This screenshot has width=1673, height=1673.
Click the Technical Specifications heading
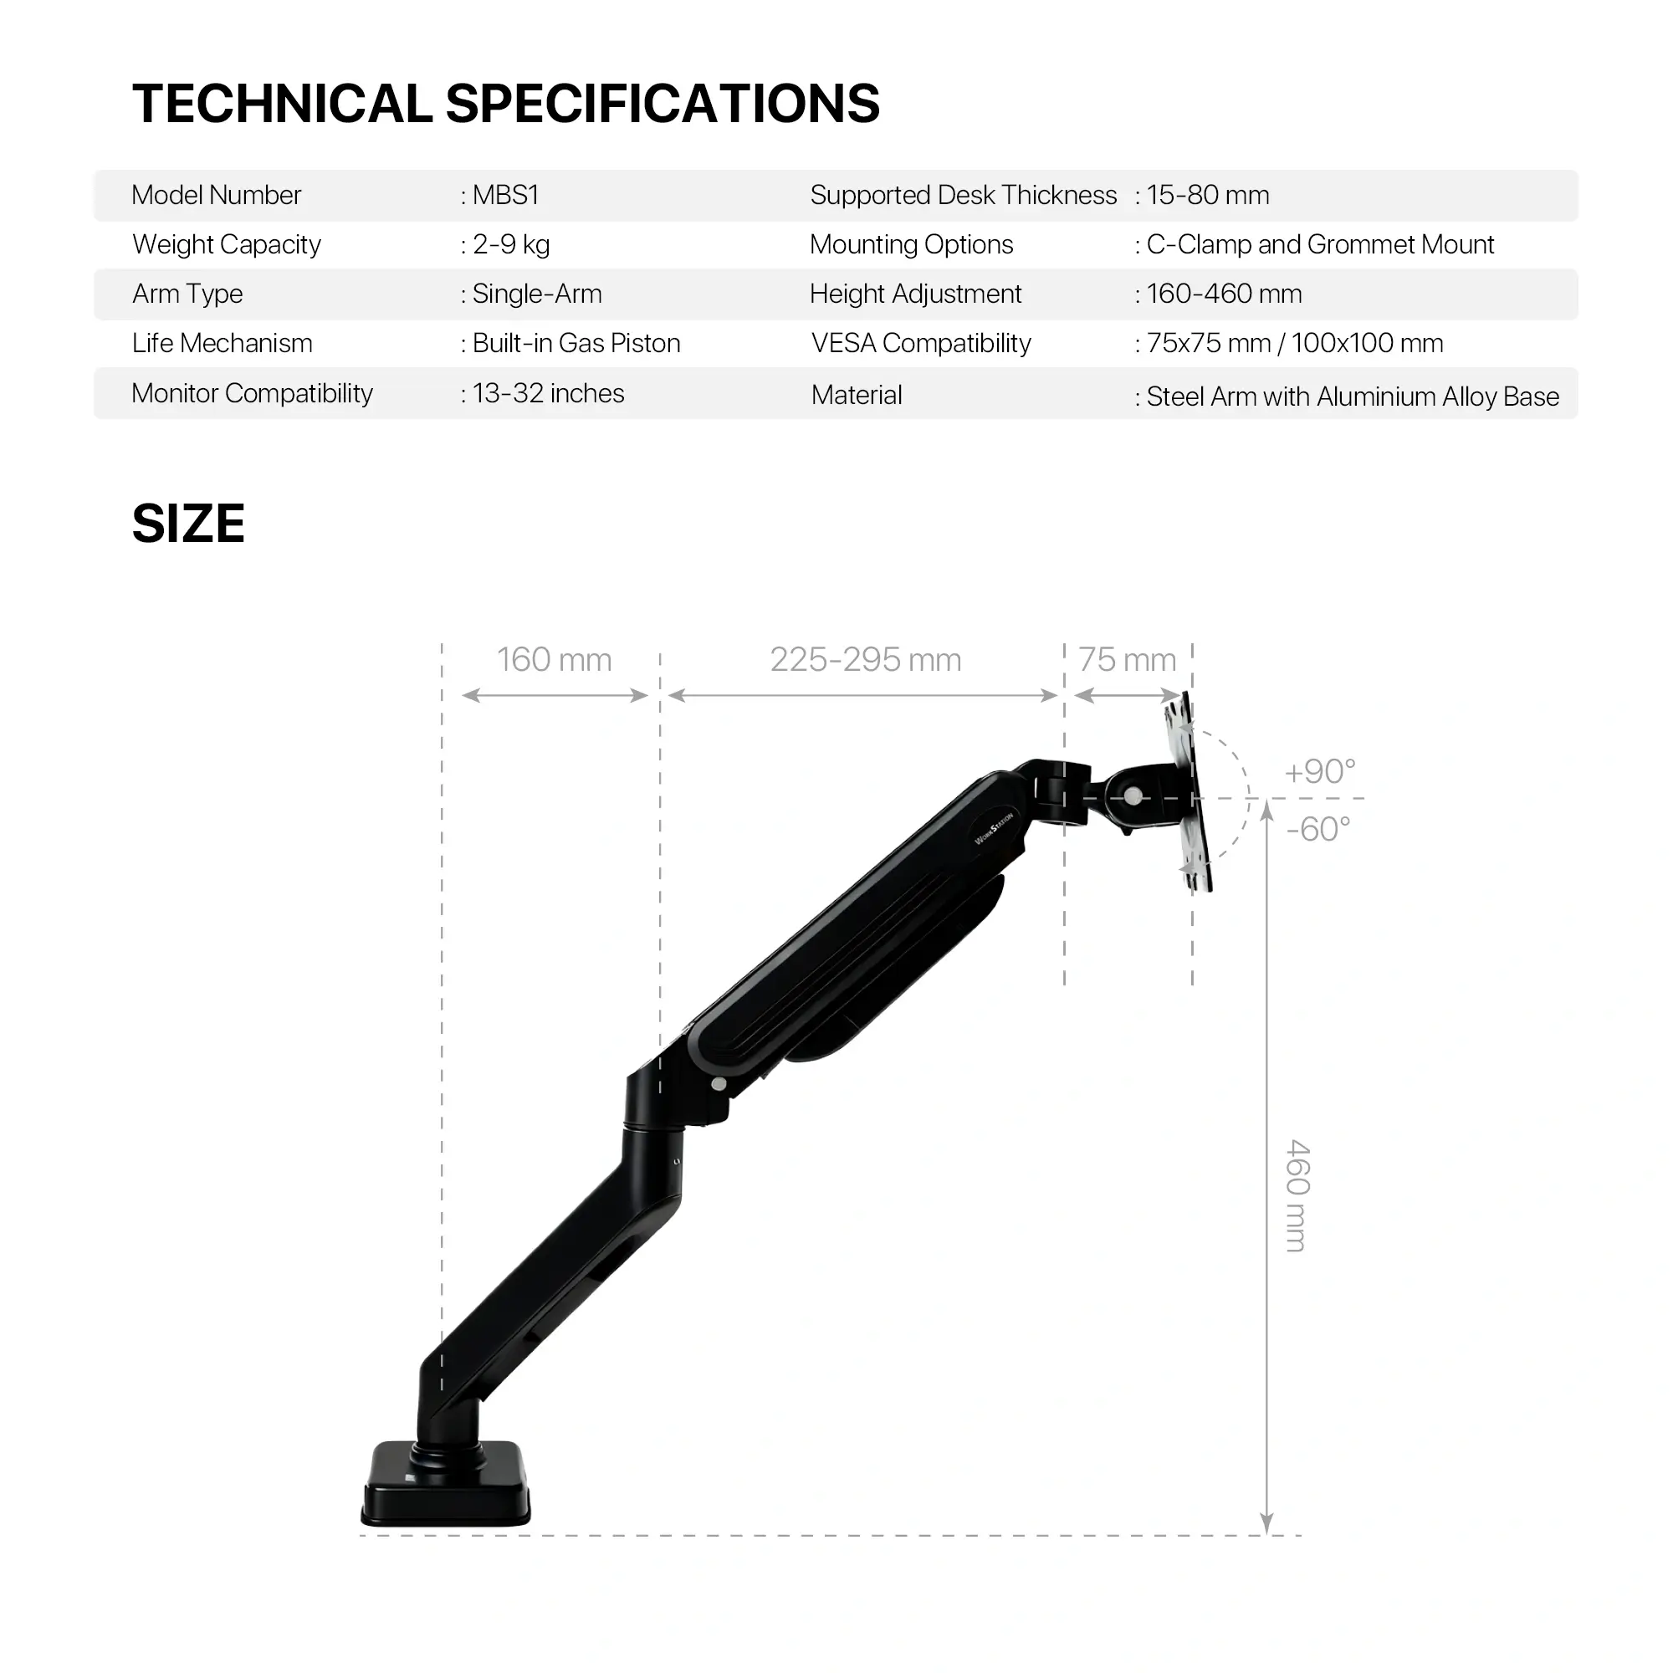coord(506,104)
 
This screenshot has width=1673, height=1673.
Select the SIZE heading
coord(188,524)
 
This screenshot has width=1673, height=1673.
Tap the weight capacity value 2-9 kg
coord(510,245)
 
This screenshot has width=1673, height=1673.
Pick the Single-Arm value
coord(536,294)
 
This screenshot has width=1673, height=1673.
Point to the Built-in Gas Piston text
coord(576,344)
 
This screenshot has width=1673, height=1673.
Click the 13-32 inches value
coord(547,394)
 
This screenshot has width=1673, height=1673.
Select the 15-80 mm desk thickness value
coord(1207,196)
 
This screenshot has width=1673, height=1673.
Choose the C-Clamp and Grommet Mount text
coord(1320,245)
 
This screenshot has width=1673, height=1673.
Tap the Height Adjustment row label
coord(915,294)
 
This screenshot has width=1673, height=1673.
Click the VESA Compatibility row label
coord(920,344)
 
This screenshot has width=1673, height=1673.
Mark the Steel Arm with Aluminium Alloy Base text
coord(1352,397)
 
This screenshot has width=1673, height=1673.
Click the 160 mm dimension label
coord(555,660)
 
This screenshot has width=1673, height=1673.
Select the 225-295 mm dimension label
coord(865,660)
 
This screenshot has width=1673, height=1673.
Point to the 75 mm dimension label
coord(1127,660)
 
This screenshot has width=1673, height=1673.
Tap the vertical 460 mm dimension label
coord(1297,1195)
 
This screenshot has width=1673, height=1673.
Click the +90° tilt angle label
coord(1319,771)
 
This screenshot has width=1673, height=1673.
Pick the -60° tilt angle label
coord(1318,830)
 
